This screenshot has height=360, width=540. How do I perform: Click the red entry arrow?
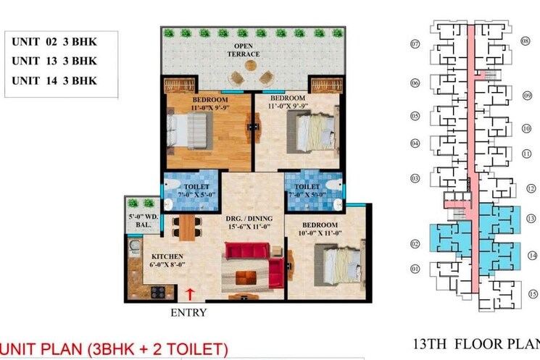[190, 294]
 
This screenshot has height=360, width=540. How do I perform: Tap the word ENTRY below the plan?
[188, 313]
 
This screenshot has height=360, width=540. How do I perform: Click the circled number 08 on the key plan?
[525, 42]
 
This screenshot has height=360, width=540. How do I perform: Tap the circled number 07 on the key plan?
[415, 44]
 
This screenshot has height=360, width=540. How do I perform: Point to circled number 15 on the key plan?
[532, 295]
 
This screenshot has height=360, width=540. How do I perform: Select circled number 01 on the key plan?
[415, 269]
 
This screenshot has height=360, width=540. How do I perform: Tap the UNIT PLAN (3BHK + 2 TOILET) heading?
[115, 348]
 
